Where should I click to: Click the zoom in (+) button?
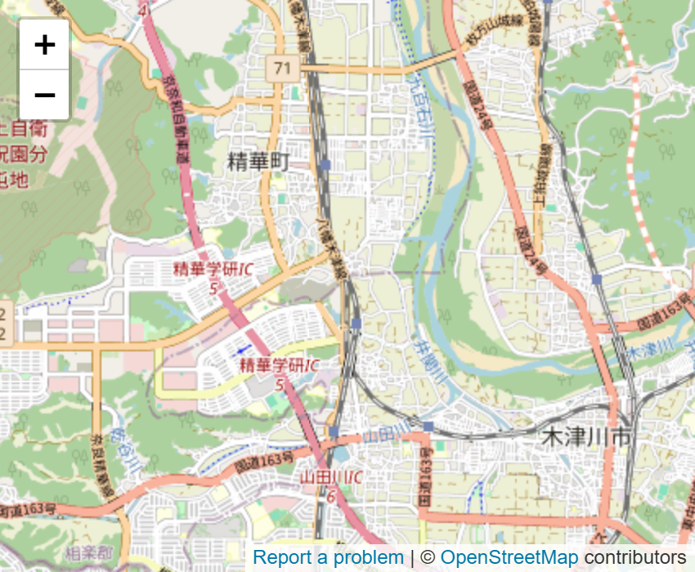(x=44, y=44)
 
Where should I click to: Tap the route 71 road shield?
(x=282, y=69)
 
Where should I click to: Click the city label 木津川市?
(x=587, y=439)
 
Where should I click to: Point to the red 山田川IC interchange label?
(x=331, y=476)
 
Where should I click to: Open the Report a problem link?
(x=328, y=557)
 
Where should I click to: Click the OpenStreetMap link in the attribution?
(x=509, y=557)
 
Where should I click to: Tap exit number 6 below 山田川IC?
(x=330, y=496)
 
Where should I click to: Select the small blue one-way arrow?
(x=243, y=350)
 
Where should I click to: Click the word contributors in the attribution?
(x=634, y=557)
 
